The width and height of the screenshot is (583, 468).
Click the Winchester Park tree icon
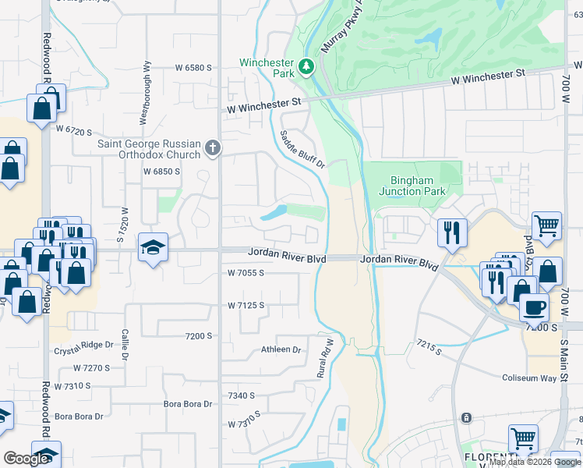point(307,67)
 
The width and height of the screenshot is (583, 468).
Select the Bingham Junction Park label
point(412,185)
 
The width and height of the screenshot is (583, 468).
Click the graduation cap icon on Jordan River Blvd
point(153,249)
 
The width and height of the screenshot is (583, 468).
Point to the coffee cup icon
point(534,307)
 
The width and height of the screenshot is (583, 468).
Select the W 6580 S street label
point(188,69)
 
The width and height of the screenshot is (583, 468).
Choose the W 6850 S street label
point(161,172)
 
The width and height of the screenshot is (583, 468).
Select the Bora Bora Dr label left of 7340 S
point(188,404)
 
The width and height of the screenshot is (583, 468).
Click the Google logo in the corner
point(26,459)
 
